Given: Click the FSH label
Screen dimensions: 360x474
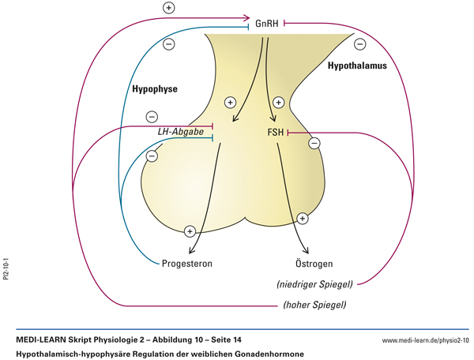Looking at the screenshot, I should [x=276, y=133].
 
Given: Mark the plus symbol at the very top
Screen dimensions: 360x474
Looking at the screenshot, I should [x=168, y=8].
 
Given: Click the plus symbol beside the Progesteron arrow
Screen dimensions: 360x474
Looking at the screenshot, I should [x=190, y=231].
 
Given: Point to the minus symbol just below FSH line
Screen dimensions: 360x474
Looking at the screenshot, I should [x=314, y=143].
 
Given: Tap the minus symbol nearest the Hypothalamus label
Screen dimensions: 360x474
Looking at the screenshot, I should [x=359, y=44].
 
